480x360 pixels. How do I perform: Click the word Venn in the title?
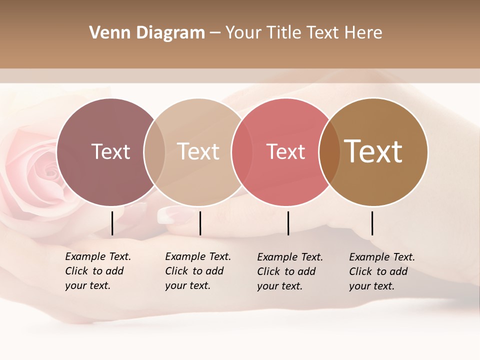105,33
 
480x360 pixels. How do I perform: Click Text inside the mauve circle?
110,151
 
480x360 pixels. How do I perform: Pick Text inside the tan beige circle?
198,151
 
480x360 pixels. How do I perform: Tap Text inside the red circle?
286,151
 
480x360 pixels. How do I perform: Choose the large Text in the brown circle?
373,151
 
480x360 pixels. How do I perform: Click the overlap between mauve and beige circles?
154,152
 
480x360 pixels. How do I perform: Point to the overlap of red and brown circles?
329,152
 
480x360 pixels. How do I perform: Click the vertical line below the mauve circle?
112,223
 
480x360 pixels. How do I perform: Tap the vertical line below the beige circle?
200,223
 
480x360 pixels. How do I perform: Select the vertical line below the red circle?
288,223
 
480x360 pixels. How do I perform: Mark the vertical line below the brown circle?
372,223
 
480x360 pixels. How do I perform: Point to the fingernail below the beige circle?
170,215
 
